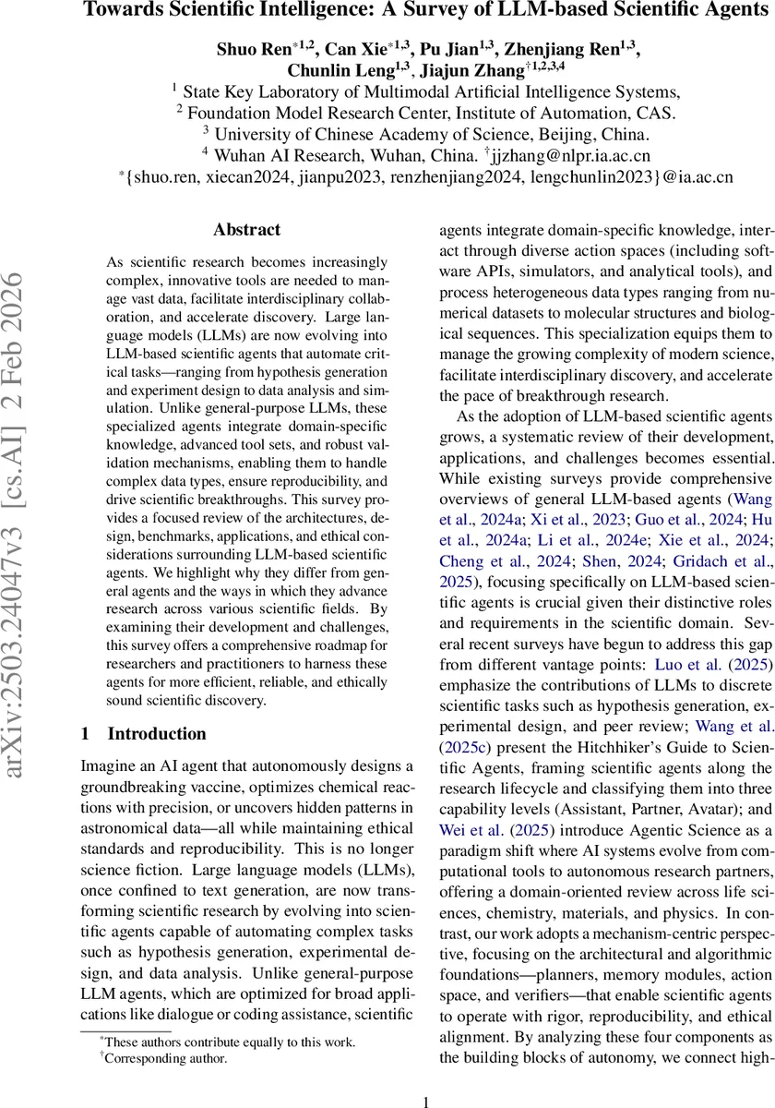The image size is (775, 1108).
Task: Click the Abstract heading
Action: pos(246,229)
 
